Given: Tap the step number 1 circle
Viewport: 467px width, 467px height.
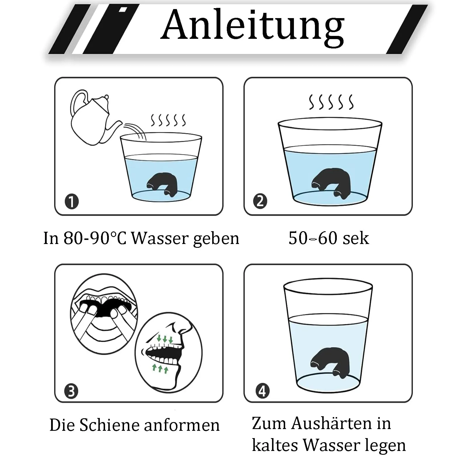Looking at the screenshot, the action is click(x=72, y=202).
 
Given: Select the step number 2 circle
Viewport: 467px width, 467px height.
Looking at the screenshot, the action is click(x=260, y=201).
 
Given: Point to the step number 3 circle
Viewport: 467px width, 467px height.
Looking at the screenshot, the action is click(x=71, y=391).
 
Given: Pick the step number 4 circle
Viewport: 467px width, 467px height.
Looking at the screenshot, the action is click(x=262, y=391).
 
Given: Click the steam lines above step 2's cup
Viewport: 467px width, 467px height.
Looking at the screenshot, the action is click(x=331, y=102).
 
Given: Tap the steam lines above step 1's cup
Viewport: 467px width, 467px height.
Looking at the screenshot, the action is click(x=168, y=120).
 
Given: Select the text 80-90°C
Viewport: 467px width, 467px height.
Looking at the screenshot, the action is click(x=95, y=238).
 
